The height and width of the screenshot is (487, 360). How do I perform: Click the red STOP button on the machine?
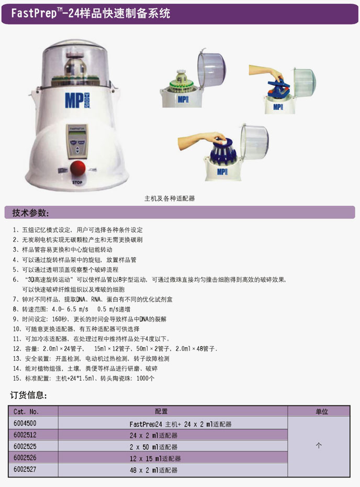77,168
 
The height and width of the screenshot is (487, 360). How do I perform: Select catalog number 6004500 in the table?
25,423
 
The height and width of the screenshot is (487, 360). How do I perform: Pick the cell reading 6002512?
25,435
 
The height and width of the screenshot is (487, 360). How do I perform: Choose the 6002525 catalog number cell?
25,446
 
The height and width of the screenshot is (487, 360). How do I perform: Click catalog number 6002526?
25,458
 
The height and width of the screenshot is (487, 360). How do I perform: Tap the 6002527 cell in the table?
25,469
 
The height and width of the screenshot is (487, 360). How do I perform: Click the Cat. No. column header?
26,412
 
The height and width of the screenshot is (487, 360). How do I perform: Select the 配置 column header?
161,412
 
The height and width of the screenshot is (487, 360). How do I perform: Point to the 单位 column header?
322,412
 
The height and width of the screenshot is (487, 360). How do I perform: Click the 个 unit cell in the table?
319,446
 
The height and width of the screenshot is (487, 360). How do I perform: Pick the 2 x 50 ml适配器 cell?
154,447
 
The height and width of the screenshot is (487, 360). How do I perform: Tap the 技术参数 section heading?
30,213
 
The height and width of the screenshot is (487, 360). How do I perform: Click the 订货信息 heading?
29,395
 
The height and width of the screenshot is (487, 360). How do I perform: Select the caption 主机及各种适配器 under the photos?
170,198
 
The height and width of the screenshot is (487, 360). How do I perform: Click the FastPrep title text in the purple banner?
91,13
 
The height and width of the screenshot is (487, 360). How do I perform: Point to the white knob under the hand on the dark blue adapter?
221,141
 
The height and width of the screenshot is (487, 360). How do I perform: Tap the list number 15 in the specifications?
16,378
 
